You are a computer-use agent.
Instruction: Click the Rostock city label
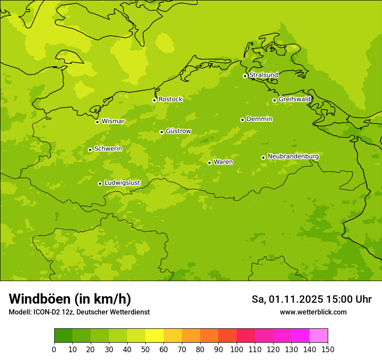coord(170,99)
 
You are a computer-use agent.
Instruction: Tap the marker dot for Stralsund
coord(245,76)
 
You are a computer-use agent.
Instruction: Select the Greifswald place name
coord(294,99)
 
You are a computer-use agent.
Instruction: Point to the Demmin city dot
coord(242,120)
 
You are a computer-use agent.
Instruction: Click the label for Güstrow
coord(178,131)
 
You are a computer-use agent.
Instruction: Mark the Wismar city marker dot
coord(97,122)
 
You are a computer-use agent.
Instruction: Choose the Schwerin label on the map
coord(108,149)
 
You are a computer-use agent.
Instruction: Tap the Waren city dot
coord(209,163)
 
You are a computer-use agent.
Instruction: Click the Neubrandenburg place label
coord(293,157)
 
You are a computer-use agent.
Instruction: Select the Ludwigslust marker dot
coord(100,183)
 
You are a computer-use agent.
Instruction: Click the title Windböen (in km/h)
coord(70,299)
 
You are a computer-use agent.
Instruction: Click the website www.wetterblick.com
coord(313,312)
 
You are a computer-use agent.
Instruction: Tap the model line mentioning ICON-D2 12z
coord(79,312)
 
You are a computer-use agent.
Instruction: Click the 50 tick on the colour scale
coord(145,349)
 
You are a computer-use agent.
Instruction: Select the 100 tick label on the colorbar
coord(237,349)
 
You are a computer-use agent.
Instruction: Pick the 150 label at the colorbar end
coord(328,349)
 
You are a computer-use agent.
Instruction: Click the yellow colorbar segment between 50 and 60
coord(155,336)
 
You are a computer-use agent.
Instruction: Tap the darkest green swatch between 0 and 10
coord(63,336)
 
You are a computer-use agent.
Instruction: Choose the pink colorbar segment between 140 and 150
coord(319,336)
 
